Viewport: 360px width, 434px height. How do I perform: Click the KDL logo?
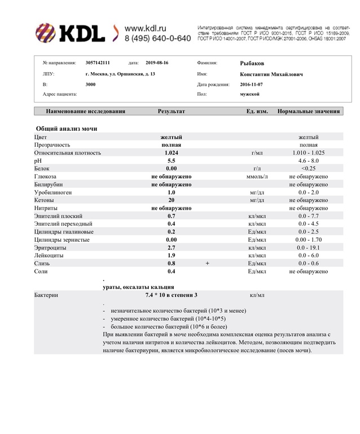click(70, 33)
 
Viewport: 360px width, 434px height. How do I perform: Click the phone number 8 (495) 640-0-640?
click(157, 38)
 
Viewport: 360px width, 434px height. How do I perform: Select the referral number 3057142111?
click(98, 64)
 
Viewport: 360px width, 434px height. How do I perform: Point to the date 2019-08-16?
click(157, 64)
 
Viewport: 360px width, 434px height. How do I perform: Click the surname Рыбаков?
click(252, 64)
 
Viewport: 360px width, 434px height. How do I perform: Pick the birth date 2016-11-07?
click(251, 84)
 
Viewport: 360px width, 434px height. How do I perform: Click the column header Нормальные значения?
click(309, 112)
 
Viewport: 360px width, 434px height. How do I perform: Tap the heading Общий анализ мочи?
click(67, 129)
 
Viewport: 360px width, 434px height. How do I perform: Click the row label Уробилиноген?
click(54, 192)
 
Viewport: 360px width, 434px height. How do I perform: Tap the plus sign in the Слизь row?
click(208, 263)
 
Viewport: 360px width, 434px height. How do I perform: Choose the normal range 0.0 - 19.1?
click(308, 247)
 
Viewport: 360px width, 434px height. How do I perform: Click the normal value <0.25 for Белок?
click(308, 169)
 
